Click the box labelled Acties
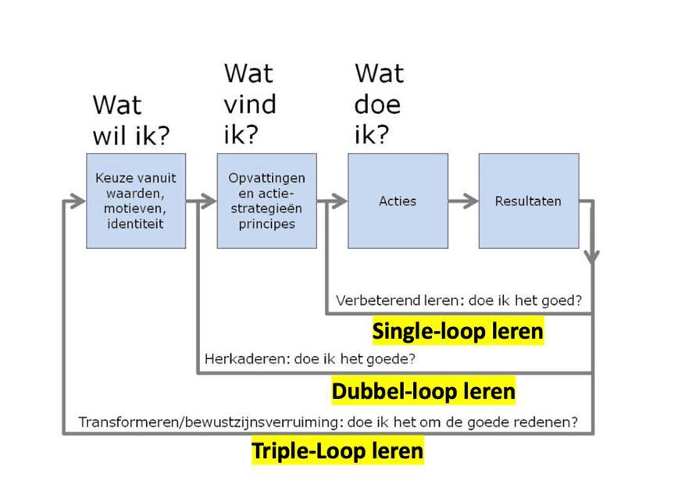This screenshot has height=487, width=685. click(x=398, y=201)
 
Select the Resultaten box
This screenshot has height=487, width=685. click(x=528, y=201)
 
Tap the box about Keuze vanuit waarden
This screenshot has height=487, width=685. click(x=136, y=201)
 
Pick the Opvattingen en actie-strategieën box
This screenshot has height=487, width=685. click(x=266, y=201)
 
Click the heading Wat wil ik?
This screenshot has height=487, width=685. click(x=130, y=120)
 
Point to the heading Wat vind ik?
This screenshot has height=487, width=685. click(x=250, y=104)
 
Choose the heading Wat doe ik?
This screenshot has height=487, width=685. click(x=380, y=104)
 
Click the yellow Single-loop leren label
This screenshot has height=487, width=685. click(x=458, y=331)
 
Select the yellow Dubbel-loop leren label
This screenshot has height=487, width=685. click(x=423, y=390)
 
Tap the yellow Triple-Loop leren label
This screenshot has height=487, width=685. click(x=337, y=450)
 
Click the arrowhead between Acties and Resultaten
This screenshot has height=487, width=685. click(x=470, y=201)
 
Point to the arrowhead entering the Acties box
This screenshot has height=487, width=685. click(x=340, y=201)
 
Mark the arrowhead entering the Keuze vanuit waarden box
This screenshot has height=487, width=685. click(x=78, y=201)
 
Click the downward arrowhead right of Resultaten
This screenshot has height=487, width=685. click(x=593, y=256)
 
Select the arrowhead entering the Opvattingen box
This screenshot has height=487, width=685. click(x=209, y=201)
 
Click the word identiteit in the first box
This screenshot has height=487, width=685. click(x=136, y=224)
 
